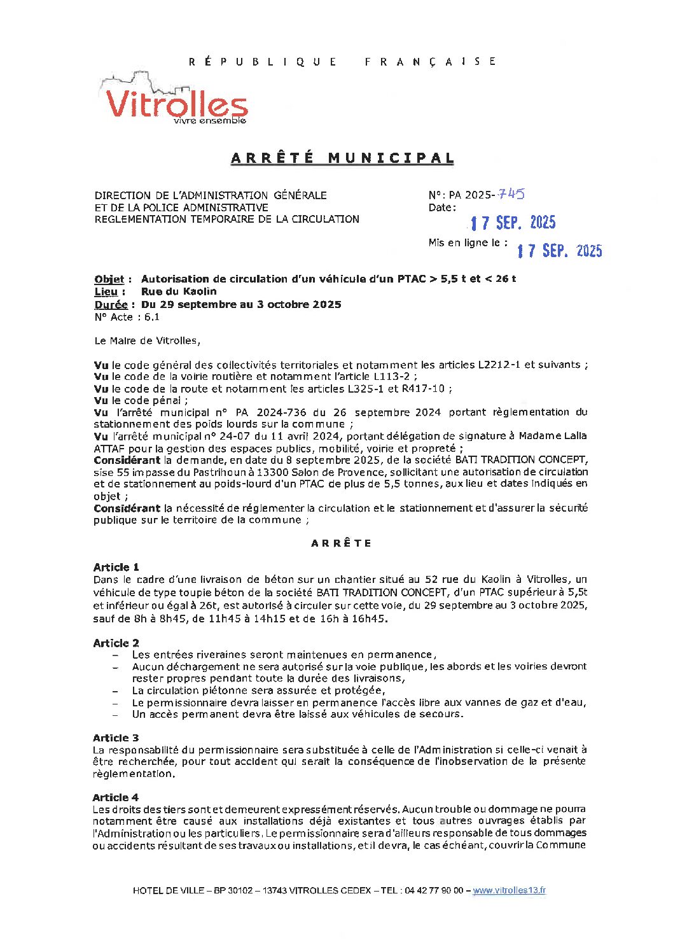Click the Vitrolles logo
point(173,100)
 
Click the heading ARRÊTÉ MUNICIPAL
point(342,158)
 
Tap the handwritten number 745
point(511,194)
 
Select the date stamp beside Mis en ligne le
point(559,251)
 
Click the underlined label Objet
point(109,279)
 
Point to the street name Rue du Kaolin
point(179,291)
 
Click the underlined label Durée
point(111,304)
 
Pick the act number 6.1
point(152,317)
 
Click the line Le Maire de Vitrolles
point(147,340)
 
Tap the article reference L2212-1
point(499,365)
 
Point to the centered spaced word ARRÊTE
point(342,543)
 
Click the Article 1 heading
point(116,567)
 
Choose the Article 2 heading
point(116,643)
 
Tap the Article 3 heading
point(116,738)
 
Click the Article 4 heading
point(115,797)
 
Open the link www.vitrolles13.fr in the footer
point(509,890)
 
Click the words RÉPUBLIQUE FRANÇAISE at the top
point(342,62)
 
